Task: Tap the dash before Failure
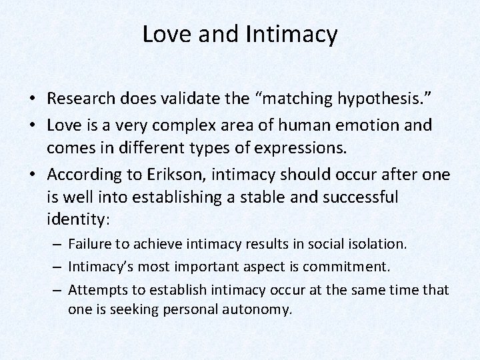(x=59, y=245)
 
